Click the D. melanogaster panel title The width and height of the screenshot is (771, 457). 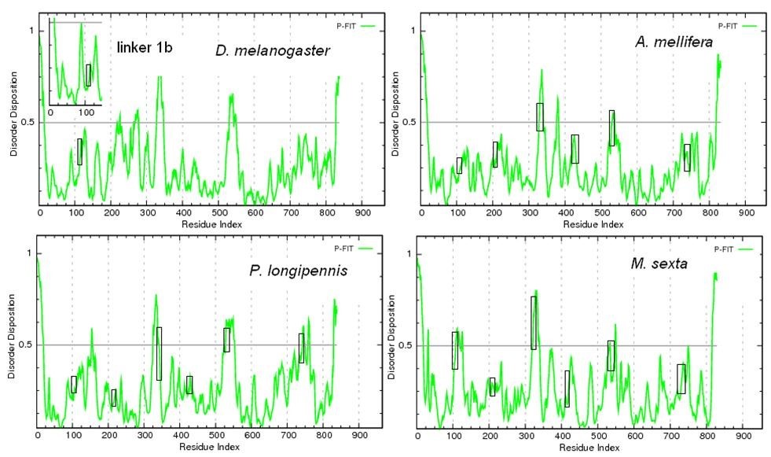[x=273, y=51]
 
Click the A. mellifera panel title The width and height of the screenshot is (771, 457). [x=674, y=42]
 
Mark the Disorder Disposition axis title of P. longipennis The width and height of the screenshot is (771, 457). [x=11, y=338]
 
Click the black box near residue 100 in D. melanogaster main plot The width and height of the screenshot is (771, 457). [x=79, y=152]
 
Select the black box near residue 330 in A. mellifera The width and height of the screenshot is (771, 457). [x=540, y=116]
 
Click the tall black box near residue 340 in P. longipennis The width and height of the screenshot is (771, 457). [x=159, y=353]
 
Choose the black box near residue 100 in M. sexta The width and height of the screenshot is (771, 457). [x=454, y=350]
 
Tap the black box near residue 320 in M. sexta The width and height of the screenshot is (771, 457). [x=534, y=322]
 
